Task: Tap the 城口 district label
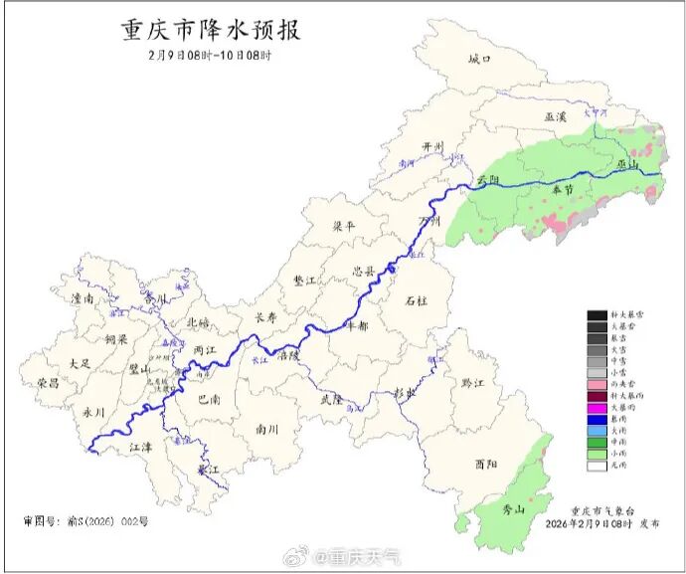480,60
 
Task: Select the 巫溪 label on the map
556,117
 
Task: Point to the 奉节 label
563,190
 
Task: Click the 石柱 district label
417,298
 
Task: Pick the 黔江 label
472,383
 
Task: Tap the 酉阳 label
487,464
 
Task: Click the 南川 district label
267,430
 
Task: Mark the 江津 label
143,449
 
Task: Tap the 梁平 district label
342,227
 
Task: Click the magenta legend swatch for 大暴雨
597,408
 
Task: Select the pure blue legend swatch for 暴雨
597,419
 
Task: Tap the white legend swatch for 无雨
597,465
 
